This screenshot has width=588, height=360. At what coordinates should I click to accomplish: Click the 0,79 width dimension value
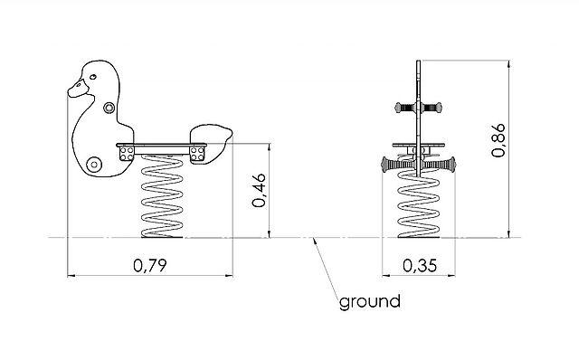[x=150, y=265]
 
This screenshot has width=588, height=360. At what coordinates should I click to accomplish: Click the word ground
[x=370, y=301]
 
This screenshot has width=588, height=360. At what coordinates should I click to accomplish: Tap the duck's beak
[x=78, y=90]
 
